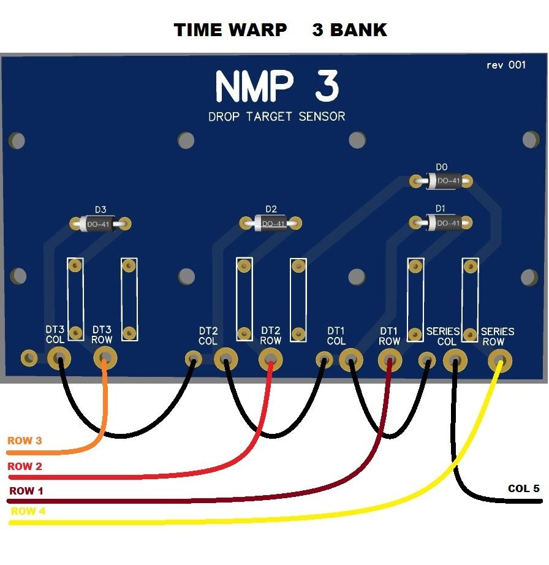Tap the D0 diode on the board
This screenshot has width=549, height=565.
[x=442, y=181]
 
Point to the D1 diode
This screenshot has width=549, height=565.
[x=442, y=222]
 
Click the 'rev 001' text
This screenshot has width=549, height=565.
[x=505, y=65]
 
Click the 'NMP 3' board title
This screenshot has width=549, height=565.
[x=277, y=87]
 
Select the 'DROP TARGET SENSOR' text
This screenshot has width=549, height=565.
[x=276, y=116]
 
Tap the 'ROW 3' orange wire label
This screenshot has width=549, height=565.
[x=25, y=441]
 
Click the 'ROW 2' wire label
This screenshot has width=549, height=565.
[x=25, y=466]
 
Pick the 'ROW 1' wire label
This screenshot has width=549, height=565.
[x=26, y=491]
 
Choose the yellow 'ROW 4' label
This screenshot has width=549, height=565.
[x=28, y=511]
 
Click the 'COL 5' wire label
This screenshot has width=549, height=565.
[x=524, y=488]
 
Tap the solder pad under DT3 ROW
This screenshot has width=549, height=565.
[x=105, y=357]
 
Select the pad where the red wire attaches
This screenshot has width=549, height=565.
[x=271, y=358]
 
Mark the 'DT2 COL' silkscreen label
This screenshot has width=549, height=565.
[x=208, y=336]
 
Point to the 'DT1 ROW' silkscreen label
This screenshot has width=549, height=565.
[x=389, y=336]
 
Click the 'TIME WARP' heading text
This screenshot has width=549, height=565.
[x=230, y=30]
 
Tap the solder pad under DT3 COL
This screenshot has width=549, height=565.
[x=59, y=358]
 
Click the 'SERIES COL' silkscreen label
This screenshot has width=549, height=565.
[x=443, y=336]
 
